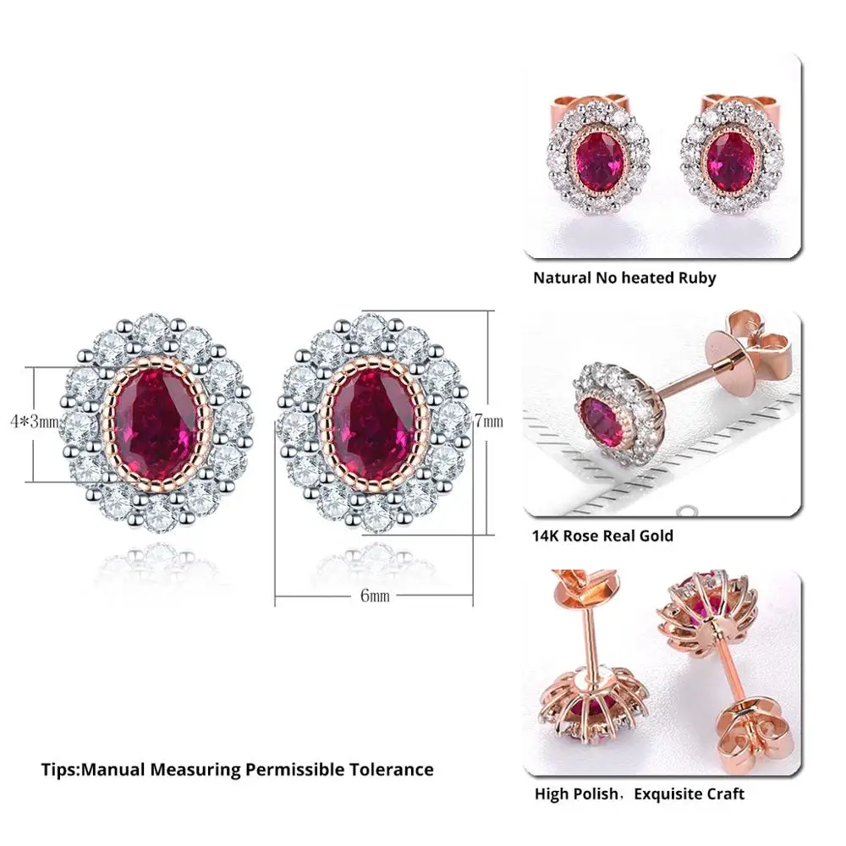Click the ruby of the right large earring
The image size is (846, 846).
(368, 421)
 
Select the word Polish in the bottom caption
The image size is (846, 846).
(596, 794)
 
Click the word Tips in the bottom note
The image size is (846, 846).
(58, 770)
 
